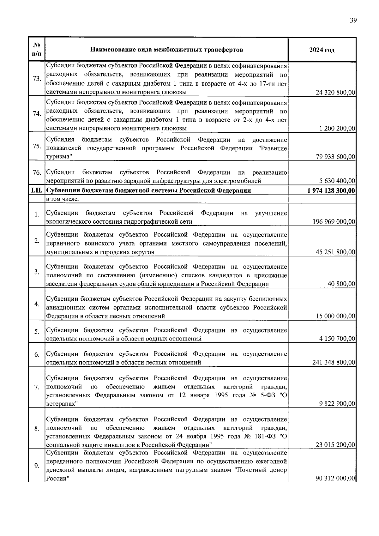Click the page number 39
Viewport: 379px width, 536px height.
(353, 21)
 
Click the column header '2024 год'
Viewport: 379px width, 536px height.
(322, 50)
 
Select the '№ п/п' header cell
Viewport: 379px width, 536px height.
(37, 50)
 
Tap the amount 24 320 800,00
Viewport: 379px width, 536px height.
(335, 93)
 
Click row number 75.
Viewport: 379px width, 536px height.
(37, 146)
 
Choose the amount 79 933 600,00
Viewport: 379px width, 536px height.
(335, 157)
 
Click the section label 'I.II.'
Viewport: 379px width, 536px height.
(37, 190)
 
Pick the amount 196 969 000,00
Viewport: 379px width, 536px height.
(334, 222)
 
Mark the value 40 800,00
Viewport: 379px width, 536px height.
(342, 284)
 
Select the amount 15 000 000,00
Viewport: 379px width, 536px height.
(335, 316)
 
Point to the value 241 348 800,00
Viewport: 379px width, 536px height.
(334, 362)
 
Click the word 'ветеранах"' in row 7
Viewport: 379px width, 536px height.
(62, 404)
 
